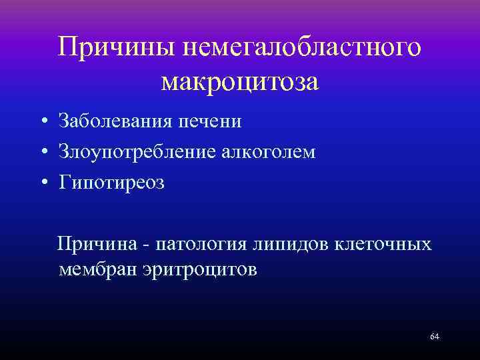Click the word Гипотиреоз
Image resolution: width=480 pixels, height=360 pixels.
[111, 183]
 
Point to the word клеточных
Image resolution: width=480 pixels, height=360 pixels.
[387, 244]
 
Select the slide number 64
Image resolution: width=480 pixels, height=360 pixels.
[435, 336]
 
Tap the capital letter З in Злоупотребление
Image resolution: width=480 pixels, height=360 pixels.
[64, 152]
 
